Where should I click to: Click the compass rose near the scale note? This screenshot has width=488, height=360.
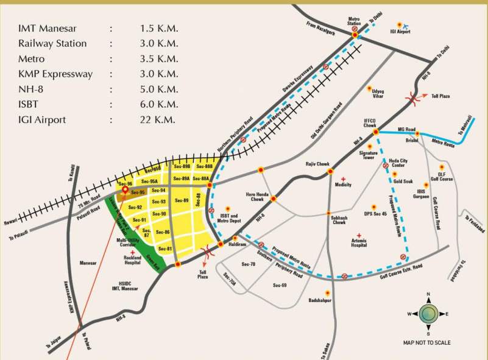428,314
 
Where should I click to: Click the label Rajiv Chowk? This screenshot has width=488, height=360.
317,164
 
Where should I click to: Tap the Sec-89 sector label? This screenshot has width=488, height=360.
181,200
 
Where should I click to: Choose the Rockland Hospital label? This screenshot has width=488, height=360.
128,261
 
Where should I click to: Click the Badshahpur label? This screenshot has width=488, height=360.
320,300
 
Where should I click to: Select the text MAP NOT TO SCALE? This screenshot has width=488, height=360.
427,343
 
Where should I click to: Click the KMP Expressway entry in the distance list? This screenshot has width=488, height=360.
55,74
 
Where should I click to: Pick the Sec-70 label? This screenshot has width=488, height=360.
248,264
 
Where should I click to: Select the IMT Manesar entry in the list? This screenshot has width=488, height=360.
48,28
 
